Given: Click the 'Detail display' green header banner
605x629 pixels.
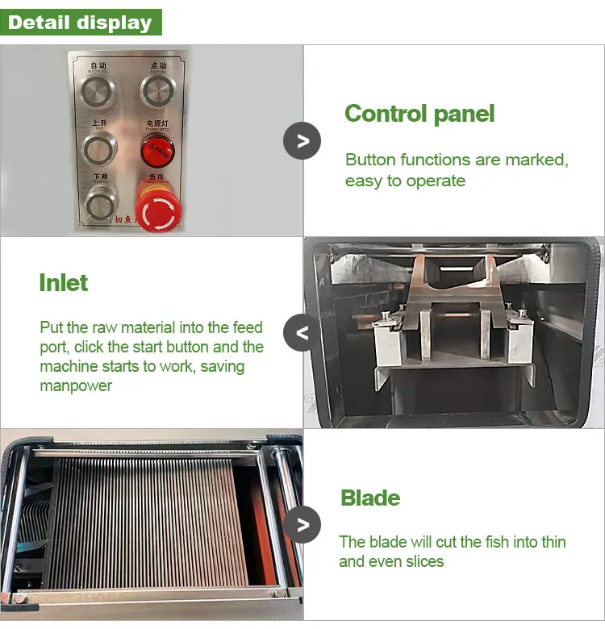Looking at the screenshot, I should [81, 22].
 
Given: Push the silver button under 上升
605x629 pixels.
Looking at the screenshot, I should [100, 148].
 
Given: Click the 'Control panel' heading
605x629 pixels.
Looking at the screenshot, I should [419, 114].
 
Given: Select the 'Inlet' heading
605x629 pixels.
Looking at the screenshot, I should [63, 283].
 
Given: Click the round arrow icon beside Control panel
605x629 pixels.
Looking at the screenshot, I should [302, 141].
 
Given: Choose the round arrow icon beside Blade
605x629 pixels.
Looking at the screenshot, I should [302, 525].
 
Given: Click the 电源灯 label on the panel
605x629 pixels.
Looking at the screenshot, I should [156, 123].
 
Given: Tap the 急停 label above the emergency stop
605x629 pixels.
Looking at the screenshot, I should [156, 177].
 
